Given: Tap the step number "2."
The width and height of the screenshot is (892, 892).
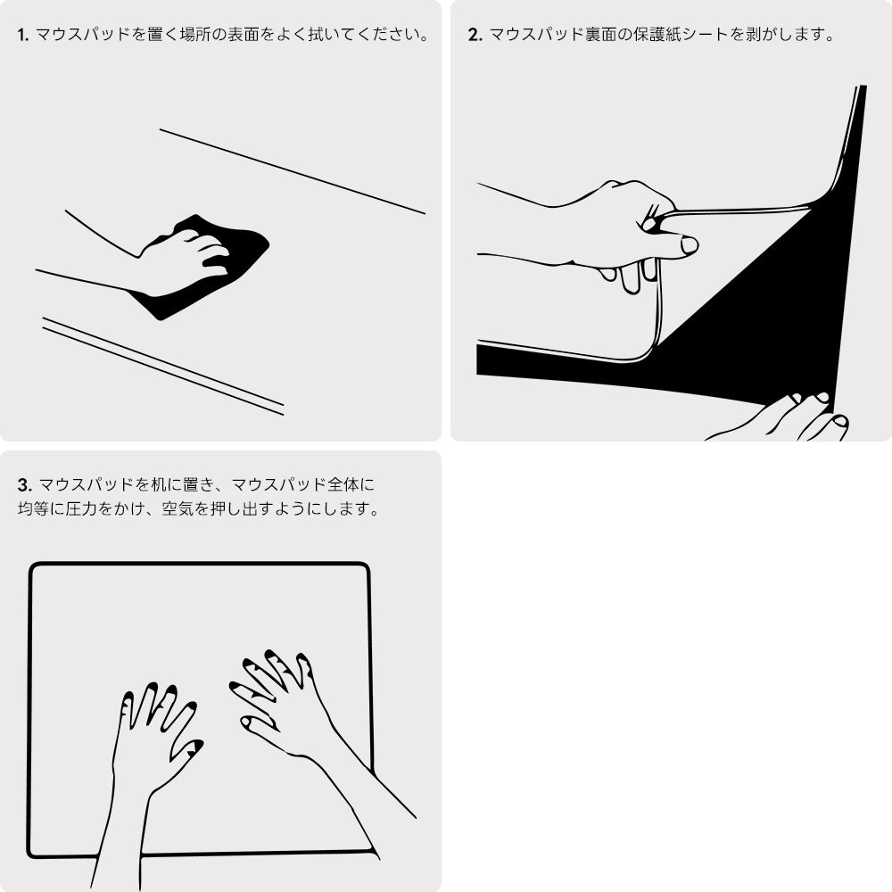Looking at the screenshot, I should (x=475, y=37).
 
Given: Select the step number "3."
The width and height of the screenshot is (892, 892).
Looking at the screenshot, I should (x=24, y=486).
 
